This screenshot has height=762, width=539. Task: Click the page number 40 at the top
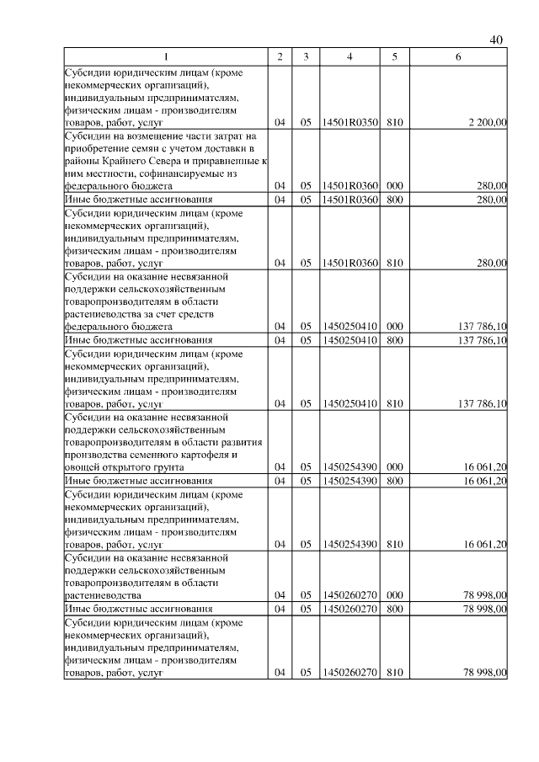[496, 40]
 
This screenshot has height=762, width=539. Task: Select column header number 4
[350, 56]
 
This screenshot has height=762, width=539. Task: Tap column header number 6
[457, 56]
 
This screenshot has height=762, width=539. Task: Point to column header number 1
[165, 56]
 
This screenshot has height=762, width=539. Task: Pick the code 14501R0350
[350, 123]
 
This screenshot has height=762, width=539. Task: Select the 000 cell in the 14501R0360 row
[394, 185]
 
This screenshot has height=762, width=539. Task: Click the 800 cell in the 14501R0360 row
[394, 200]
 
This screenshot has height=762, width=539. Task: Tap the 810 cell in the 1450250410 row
[394, 403]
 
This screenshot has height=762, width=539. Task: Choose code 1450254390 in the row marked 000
[350, 466]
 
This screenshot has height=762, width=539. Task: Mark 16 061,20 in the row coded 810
[484, 545]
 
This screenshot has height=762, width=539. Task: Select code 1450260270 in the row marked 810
[350, 671]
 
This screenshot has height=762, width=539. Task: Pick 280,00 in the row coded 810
[492, 263]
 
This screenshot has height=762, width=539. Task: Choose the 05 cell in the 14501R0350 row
[305, 123]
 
